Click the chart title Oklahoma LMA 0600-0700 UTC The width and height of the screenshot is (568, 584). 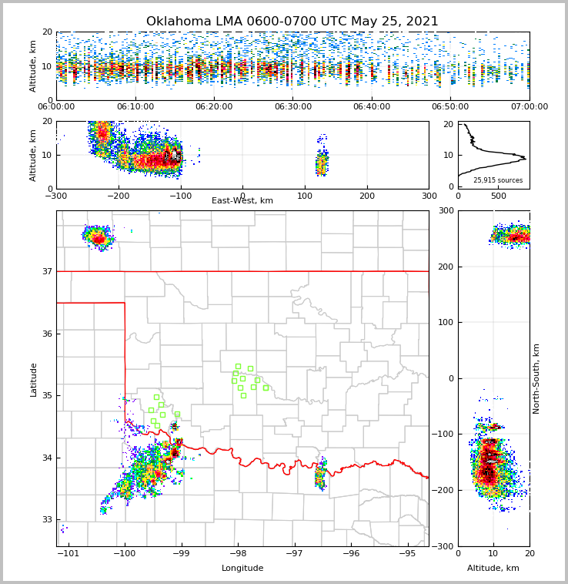tap(292, 22)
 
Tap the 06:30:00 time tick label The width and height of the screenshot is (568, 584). tap(292, 107)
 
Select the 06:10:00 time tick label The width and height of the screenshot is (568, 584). tap(135, 107)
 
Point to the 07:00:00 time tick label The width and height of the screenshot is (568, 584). tap(529, 107)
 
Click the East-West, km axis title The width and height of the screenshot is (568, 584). tap(242, 201)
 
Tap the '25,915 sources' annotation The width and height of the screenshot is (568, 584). tap(498, 180)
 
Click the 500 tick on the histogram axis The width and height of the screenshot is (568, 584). tap(499, 196)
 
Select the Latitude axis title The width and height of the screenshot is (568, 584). tap(34, 379)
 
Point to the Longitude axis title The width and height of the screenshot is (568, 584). tap(242, 569)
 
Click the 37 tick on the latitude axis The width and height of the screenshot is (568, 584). tap(46, 271)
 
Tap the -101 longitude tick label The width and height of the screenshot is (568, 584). tap(68, 554)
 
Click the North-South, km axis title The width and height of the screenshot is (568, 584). tap(536, 378)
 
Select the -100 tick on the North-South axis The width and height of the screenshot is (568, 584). tap(444, 435)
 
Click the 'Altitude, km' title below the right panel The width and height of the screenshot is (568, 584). tap(493, 569)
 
